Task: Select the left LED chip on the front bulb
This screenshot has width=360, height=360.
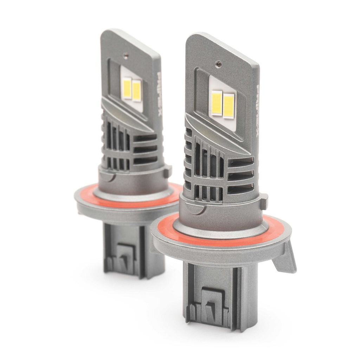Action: click(x=217, y=102)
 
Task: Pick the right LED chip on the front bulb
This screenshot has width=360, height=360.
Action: click(x=229, y=106)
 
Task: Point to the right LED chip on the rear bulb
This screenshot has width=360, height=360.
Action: click(x=136, y=90)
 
